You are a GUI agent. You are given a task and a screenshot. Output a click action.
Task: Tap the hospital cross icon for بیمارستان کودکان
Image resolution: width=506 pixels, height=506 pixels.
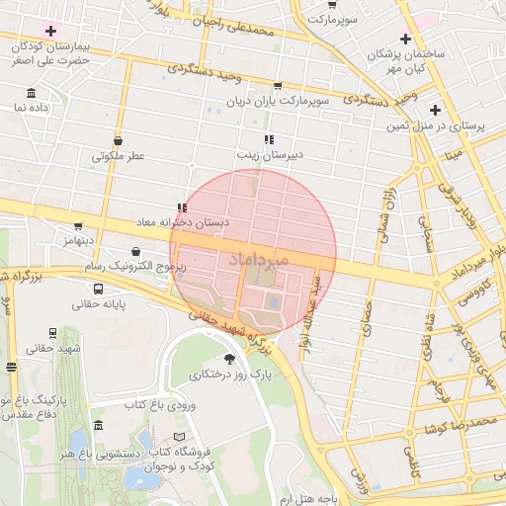[50, 32]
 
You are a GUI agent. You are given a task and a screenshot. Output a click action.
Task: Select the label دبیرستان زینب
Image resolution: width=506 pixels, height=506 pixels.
[268, 155]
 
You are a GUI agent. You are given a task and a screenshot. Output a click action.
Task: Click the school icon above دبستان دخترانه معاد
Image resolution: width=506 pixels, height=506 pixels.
[181, 209]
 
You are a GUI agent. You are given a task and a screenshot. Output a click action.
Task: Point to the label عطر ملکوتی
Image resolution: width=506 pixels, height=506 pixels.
[119, 155]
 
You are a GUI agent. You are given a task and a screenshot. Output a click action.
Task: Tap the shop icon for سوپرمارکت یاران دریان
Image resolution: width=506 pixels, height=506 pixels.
[277, 86]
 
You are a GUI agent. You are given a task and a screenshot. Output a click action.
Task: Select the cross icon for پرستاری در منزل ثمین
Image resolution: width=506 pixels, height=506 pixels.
[434, 110]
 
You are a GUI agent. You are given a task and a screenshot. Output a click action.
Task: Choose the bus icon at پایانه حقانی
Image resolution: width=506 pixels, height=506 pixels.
[98, 290]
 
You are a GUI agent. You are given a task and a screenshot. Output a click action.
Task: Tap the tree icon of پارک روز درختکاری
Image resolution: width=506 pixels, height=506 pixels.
[231, 360]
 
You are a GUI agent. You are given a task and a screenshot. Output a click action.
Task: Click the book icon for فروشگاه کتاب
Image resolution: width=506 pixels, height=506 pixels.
[179, 436]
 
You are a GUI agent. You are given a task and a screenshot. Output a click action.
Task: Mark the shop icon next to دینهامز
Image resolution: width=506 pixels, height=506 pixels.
[78, 226]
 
